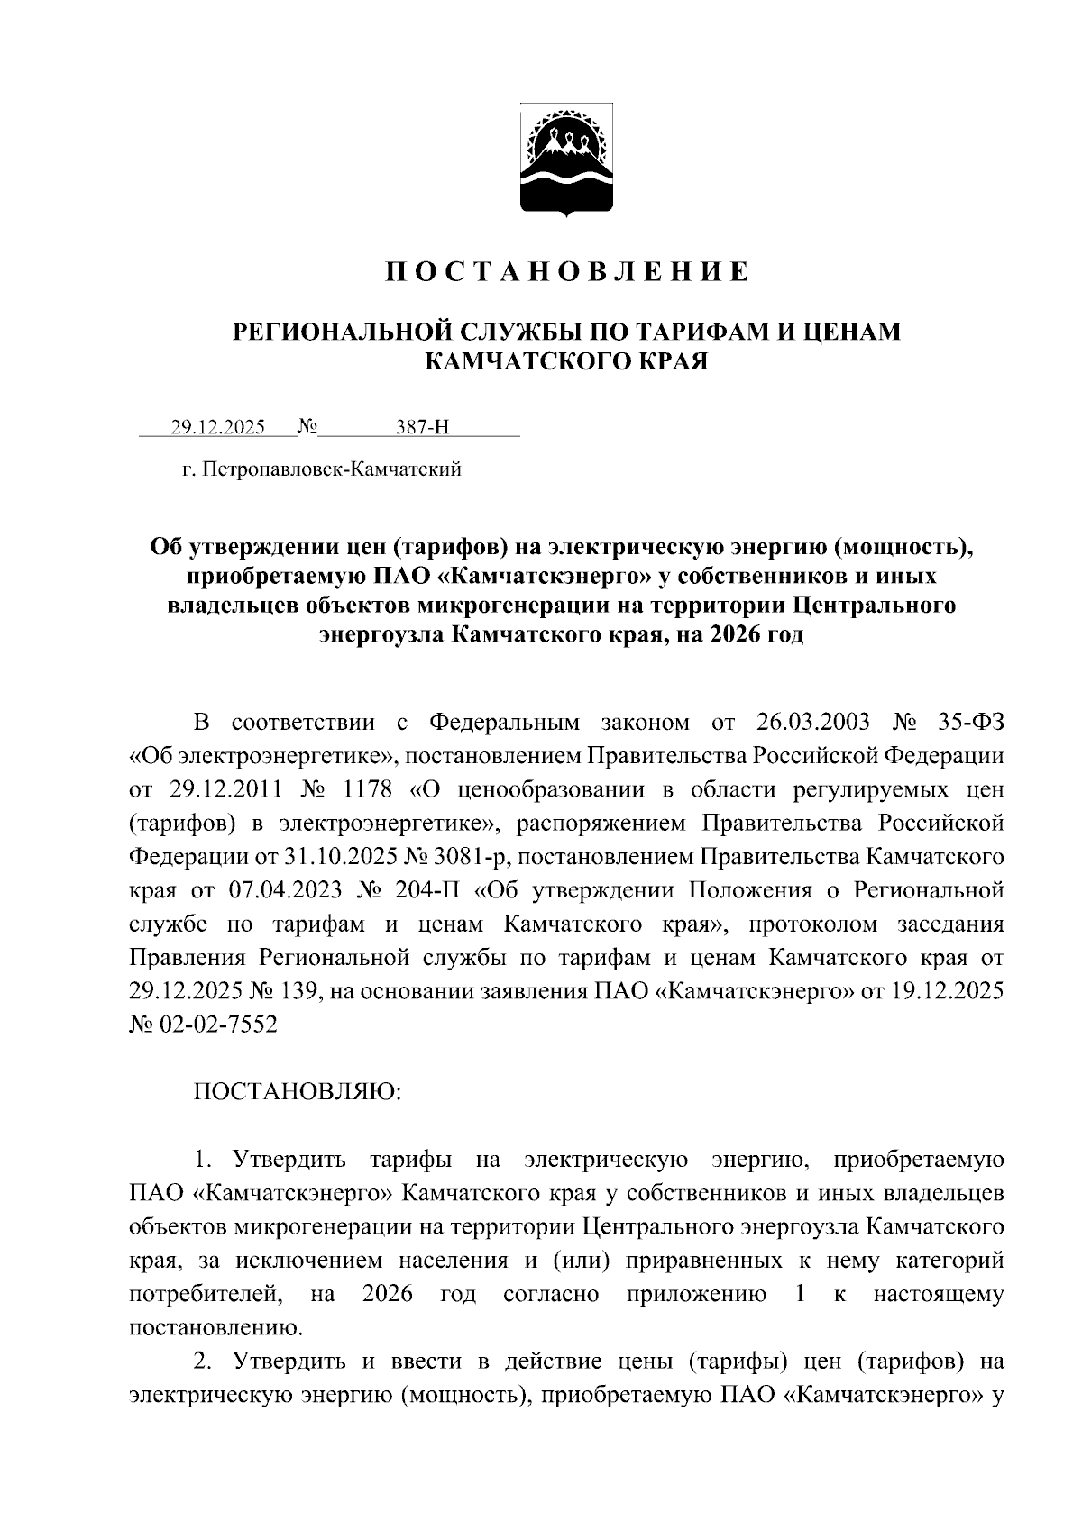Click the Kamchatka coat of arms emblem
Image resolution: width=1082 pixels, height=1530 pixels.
[566, 161]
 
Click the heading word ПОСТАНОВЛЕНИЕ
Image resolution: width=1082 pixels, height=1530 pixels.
[567, 272]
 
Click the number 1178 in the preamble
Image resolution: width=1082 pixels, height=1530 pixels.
[368, 790]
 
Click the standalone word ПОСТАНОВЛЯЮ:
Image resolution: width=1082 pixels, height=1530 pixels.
[297, 1092]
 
